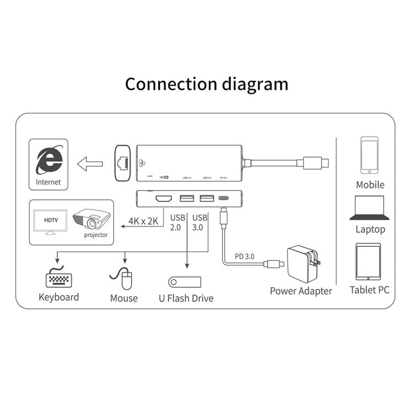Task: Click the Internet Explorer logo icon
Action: (48, 160)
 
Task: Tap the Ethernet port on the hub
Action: (122, 162)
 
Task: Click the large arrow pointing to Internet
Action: (90, 163)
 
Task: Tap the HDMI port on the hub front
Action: (162, 198)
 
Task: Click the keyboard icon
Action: (58, 278)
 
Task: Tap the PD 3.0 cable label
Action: (245, 257)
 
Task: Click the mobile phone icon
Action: (369, 155)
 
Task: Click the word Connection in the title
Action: (171, 84)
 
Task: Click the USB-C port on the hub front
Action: (224, 198)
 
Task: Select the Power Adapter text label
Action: (301, 291)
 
